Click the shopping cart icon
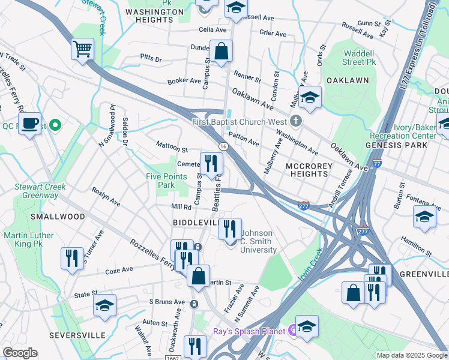[82, 49]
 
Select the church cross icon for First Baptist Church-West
[295, 122]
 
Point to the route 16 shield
[223, 146]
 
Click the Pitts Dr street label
[151, 59]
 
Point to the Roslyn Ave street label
[106, 196]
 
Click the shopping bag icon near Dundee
[221, 51]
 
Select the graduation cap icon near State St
[104, 305]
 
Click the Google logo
[20, 353]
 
